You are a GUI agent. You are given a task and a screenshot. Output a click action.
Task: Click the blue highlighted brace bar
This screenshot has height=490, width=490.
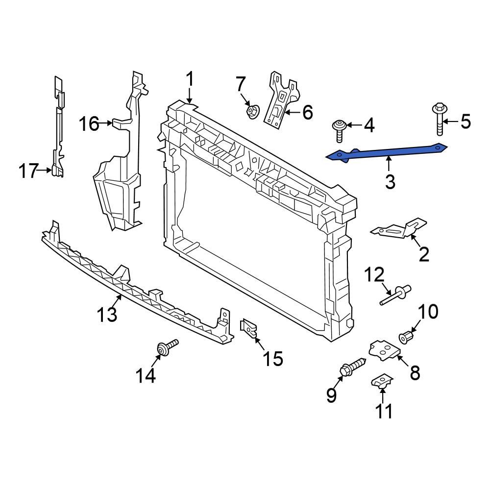pyautogui.click(x=387, y=151)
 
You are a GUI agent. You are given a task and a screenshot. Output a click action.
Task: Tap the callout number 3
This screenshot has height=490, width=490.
pyautogui.click(x=390, y=182)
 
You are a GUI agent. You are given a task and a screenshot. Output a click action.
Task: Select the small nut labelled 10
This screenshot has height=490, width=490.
pyautogui.click(x=406, y=337)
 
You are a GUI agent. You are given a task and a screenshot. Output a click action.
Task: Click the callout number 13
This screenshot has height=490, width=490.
pyautogui.click(x=107, y=314)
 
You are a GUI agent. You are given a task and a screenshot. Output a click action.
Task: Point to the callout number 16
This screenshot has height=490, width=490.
pyautogui.click(x=90, y=124)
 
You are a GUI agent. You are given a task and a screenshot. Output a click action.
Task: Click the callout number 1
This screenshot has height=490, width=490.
pyautogui.click(x=190, y=80)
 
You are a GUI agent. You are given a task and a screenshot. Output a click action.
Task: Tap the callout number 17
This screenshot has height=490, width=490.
pyautogui.click(x=28, y=171)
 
